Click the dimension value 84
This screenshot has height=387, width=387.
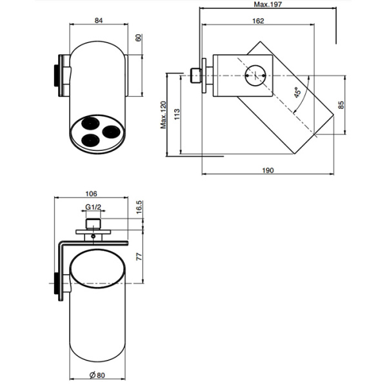(x=99, y=20)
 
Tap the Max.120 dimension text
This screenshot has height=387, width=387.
(x=164, y=115)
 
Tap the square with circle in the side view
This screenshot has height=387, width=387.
(x=257, y=77)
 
